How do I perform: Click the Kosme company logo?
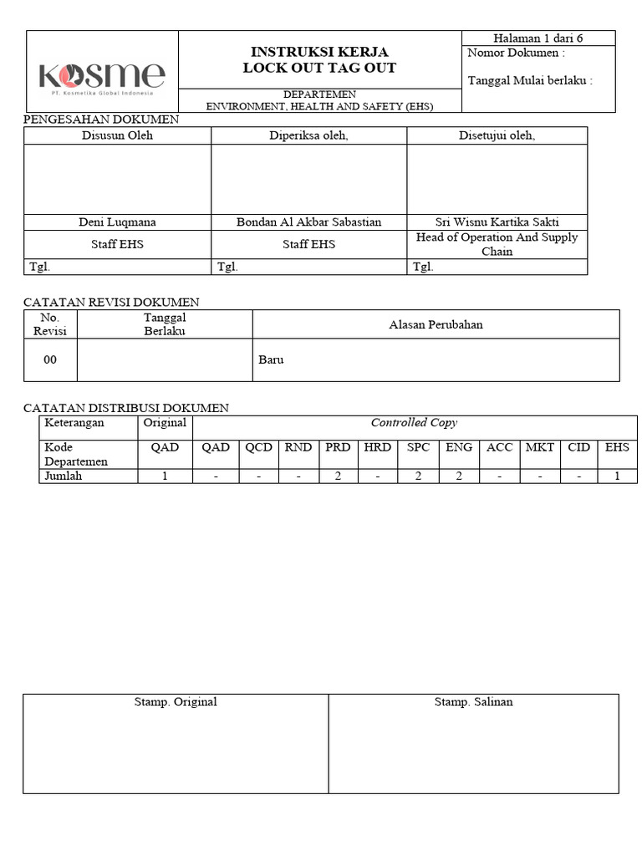click(102, 78)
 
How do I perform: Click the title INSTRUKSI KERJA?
click(319, 52)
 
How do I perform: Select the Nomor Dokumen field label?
click(516, 53)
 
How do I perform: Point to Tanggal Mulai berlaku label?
click(530, 81)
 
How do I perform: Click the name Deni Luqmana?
click(117, 222)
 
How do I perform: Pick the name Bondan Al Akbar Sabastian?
click(308, 222)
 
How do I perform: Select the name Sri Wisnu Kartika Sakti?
click(497, 222)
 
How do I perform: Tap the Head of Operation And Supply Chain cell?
click(497, 244)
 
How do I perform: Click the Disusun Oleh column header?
click(117, 136)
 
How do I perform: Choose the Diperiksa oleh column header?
click(308, 136)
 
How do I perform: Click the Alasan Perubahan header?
click(436, 324)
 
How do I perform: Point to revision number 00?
click(50, 359)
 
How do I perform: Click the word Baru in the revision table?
click(271, 359)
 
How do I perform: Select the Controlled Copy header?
click(414, 423)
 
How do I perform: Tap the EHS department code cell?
click(617, 447)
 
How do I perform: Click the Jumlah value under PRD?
click(338, 476)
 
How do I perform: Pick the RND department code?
click(298, 447)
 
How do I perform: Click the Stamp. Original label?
click(176, 702)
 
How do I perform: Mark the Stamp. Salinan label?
click(473, 702)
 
